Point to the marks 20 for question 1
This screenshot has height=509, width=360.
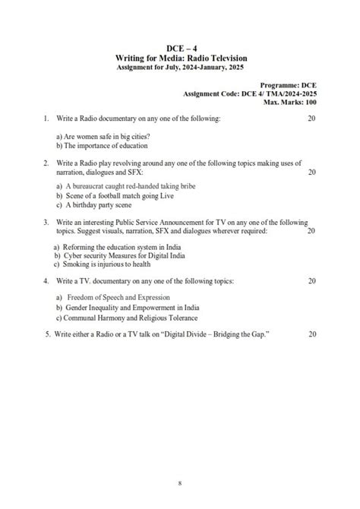pyautogui.click(x=311, y=119)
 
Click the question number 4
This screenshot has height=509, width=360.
pyautogui.click(x=46, y=281)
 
